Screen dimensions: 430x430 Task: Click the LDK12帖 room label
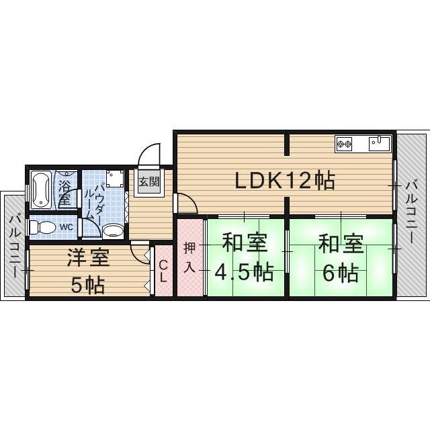pyautogui.click(x=285, y=180)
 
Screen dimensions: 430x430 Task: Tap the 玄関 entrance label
pyautogui.click(x=149, y=181)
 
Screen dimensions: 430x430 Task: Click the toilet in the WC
pyautogui.click(x=42, y=227)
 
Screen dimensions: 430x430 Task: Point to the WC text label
pyautogui.click(x=67, y=227)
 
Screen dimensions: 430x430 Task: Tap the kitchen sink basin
pyautogui.click(x=379, y=143)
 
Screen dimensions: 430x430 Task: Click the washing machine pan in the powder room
pyautogui.click(x=115, y=179)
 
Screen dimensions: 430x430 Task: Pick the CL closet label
pyautogui.click(x=163, y=271)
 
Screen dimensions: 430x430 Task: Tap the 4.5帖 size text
pyautogui.click(x=244, y=272)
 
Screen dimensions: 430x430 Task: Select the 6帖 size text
pyautogui.click(x=341, y=273)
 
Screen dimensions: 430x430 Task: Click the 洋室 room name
pyautogui.click(x=89, y=257)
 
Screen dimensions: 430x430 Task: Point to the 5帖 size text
pyautogui.click(x=88, y=285)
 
